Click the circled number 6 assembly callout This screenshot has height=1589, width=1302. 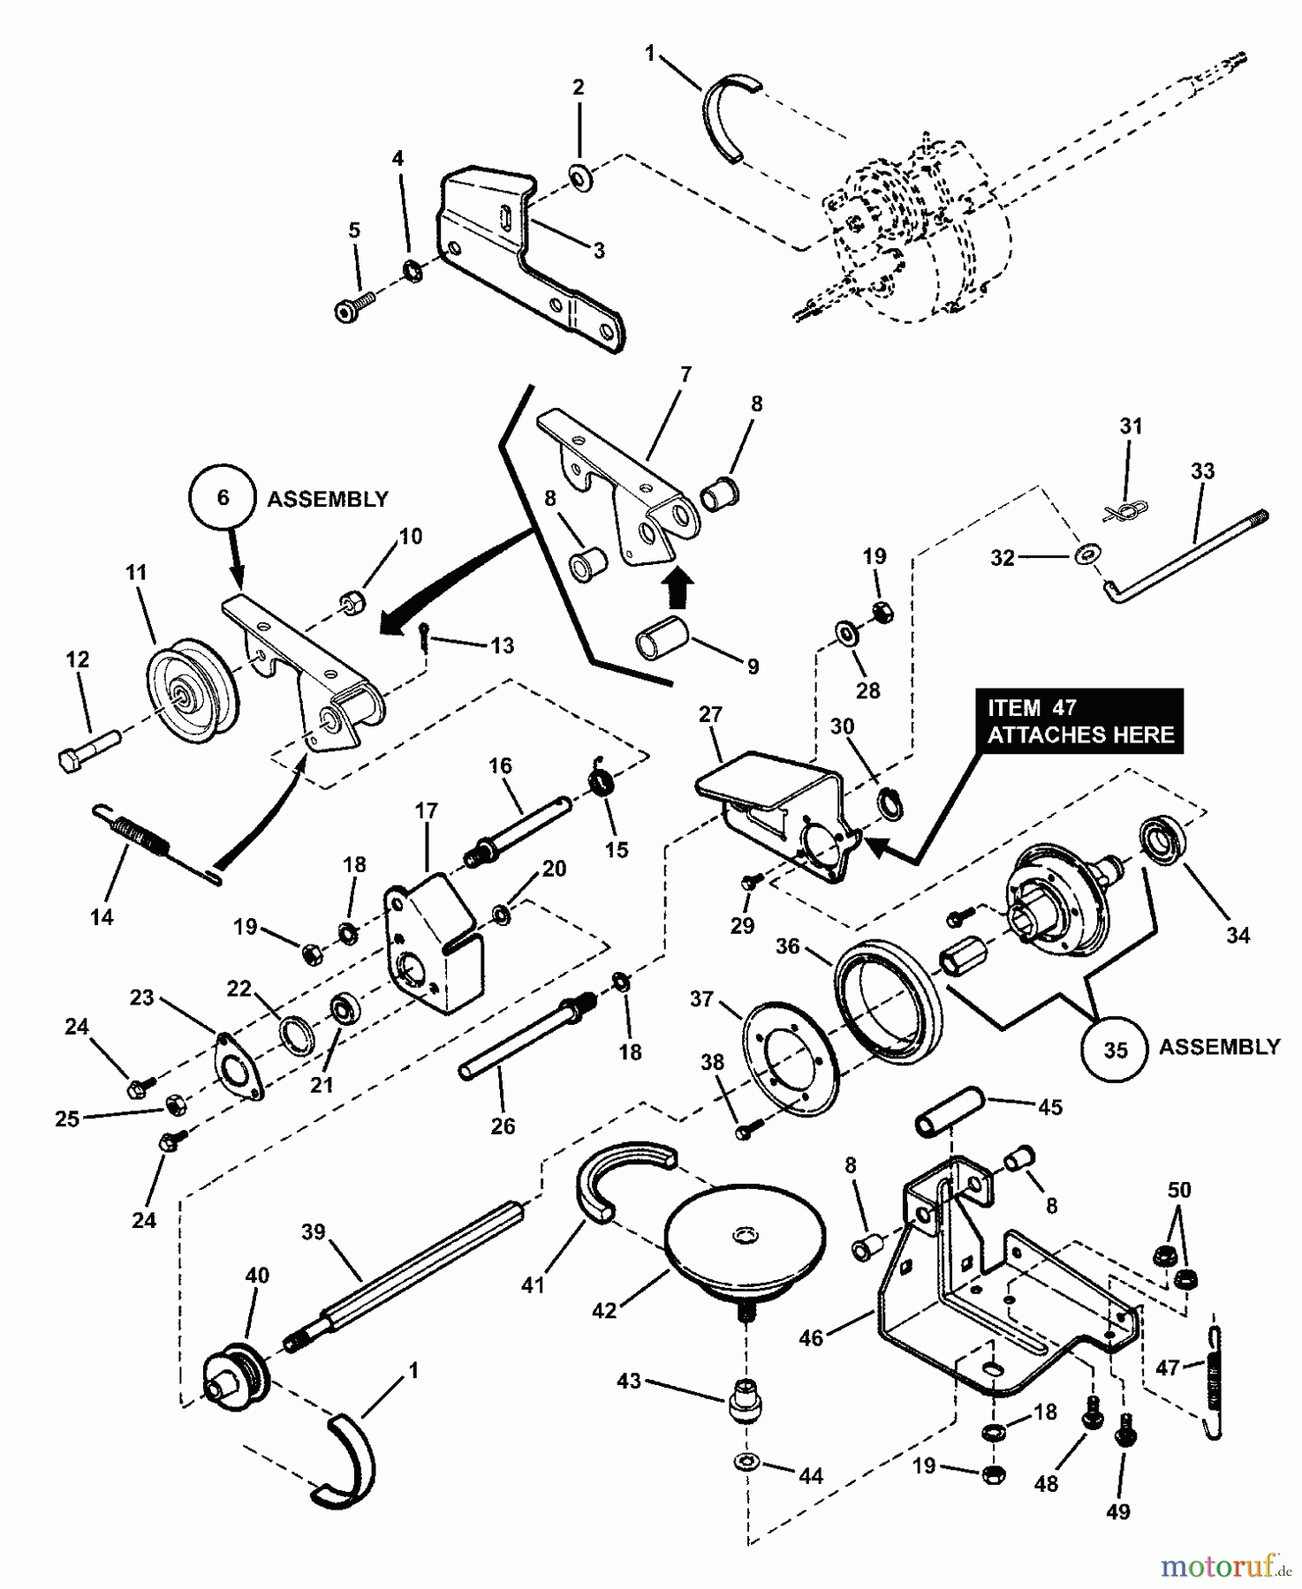click(223, 499)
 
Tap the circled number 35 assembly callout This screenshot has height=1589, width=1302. click(1116, 1049)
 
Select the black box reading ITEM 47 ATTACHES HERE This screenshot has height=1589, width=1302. click(1079, 721)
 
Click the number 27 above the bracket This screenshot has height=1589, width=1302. click(710, 714)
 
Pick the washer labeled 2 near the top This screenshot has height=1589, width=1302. click(581, 178)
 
